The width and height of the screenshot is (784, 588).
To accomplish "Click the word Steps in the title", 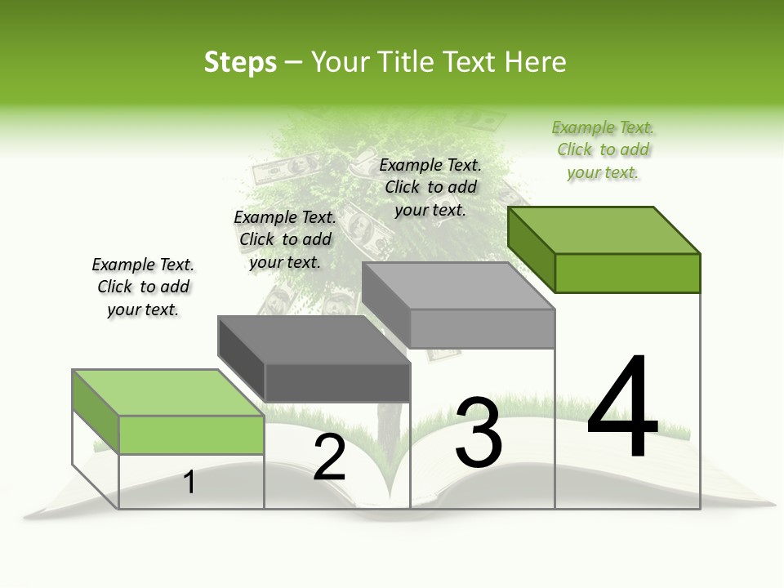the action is (240, 62).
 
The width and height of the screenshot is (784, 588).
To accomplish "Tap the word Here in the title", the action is (535, 62).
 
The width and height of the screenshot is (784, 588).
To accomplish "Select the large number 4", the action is (622, 407).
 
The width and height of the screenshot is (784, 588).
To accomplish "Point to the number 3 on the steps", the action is (478, 433).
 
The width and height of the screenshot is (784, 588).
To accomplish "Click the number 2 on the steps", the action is (329, 457).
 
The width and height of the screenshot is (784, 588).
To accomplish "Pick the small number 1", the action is (189, 482).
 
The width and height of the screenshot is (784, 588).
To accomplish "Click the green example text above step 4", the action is (603, 150).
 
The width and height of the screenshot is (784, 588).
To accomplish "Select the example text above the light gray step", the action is (430, 187).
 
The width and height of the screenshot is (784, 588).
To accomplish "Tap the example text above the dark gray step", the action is (285, 239).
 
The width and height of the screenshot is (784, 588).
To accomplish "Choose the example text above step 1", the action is (143, 287).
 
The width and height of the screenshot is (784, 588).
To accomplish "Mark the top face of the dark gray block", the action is (314, 340).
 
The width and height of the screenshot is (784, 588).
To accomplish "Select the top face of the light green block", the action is (169, 393).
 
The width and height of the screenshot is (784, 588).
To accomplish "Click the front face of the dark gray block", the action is (337, 382).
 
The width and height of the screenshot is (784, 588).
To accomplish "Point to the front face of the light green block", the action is (192, 434).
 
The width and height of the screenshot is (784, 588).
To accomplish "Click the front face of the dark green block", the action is (627, 273).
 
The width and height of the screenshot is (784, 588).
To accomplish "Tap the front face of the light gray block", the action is (482, 328).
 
